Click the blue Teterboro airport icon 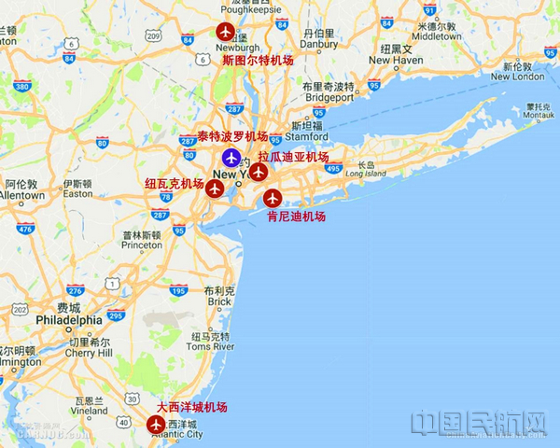tap(230, 156)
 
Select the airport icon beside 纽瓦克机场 tap(216, 189)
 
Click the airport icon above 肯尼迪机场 tap(272, 198)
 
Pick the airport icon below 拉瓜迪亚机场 tap(259, 172)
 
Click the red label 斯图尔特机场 tap(258, 60)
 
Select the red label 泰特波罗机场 tap(232, 136)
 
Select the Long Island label tap(365, 173)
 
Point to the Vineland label tap(89, 410)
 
